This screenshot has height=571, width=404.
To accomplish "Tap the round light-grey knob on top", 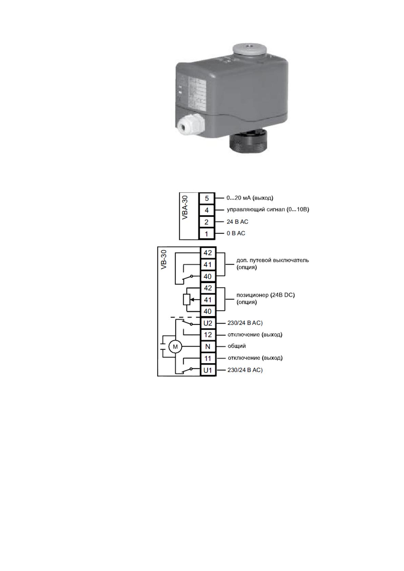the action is [x=249, y=49].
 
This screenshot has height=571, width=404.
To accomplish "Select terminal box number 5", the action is [x=207, y=198].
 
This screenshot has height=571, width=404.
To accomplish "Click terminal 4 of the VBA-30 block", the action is [x=207, y=210].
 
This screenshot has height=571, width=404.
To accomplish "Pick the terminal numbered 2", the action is [x=207, y=222].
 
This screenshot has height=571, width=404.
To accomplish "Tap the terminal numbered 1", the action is [x=207, y=234].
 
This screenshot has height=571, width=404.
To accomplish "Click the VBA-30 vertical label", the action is [x=185, y=207].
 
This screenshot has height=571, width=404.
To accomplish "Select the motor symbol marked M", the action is [x=175, y=347].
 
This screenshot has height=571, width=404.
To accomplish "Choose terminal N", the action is [x=208, y=347].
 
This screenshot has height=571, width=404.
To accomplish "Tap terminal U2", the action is [x=208, y=323].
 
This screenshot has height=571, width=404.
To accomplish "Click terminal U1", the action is [x=208, y=370].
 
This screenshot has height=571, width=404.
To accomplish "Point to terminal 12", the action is [x=208, y=335].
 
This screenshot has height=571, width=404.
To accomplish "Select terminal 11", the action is [x=208, y=358].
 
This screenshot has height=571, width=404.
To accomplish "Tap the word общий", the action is [x=237, y=346].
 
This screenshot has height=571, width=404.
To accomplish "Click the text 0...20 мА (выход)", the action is [x=250, y=198].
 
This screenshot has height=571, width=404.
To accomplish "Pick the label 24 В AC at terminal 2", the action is [x=237, y=222].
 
